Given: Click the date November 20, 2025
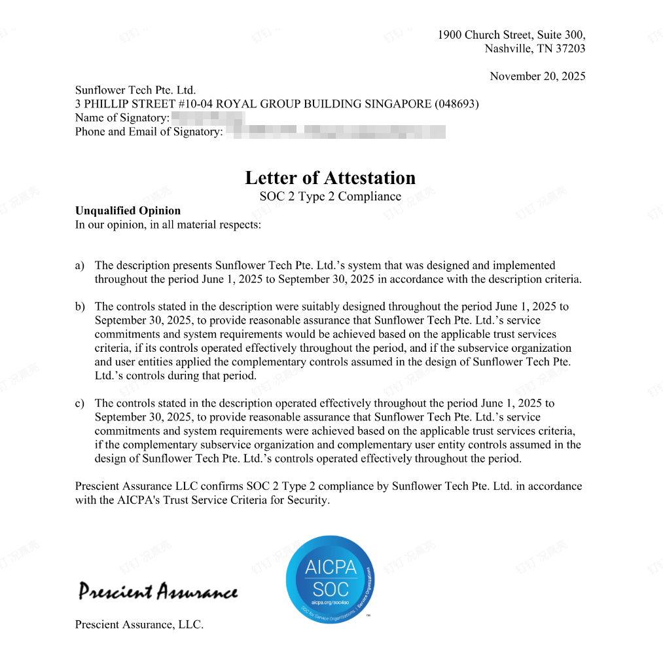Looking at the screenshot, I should click(537, 77).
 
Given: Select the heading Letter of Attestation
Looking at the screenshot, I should click(330, 178).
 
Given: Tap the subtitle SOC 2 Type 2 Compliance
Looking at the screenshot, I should click(330, 196).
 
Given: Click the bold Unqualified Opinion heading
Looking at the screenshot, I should click(128, 211).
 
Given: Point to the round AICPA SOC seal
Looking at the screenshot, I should click(331, 579).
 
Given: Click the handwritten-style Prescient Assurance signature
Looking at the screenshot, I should click(158, 591).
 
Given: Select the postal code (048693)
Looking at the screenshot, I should click(456, 104).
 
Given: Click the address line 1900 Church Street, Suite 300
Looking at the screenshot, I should click(511, 35).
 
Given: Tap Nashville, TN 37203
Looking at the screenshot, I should click(535, 49).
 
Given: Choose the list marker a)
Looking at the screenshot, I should click(80, 266).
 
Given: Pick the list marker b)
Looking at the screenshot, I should click(80, 307).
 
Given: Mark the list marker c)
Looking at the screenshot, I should click(80, 403).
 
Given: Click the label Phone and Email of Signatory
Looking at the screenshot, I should click(149, 132).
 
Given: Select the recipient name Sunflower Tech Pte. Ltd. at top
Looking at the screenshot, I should click(135, 90).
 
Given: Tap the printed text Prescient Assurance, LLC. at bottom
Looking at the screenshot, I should click(139, 625).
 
